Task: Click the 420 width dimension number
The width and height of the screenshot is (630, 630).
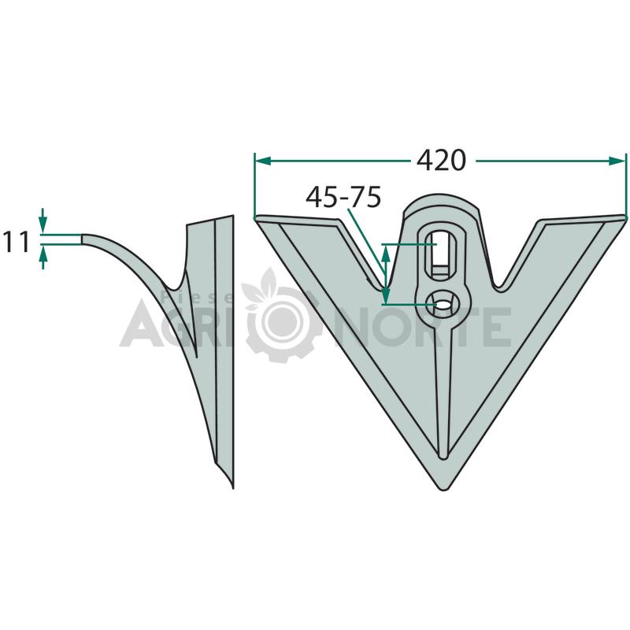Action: (441, 161)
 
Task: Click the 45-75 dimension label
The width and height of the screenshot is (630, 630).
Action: (343, 198)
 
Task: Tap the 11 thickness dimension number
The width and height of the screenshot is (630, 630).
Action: (17, 242)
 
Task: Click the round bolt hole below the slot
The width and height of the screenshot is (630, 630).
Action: (443, 304)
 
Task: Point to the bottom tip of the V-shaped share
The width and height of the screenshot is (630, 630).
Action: (443, 489)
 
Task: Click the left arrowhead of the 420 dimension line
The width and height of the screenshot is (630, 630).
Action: (262, 161)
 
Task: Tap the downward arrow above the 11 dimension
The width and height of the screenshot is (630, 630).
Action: (43, 220)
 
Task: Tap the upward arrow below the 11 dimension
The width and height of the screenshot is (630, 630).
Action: (43, 258)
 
